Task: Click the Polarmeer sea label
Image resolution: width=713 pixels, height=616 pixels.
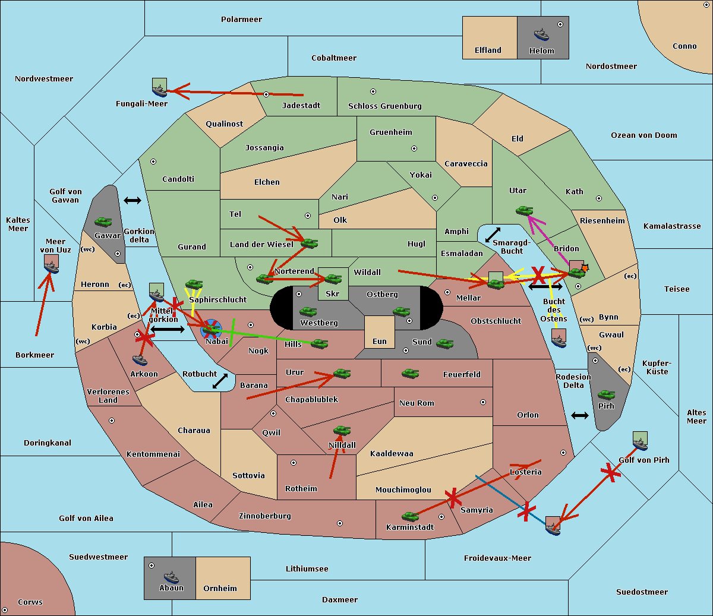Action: pos(241,20)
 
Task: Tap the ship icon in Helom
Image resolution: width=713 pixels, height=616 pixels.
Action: pos(541,34)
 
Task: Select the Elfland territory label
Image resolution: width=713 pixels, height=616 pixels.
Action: pos(488,50)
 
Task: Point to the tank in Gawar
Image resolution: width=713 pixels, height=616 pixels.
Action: pos(103,222)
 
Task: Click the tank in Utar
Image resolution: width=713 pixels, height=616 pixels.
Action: pos(524,210)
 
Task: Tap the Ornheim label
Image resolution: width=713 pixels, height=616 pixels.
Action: pos(220,589)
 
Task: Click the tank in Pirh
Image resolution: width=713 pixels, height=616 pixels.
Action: pos(606,395)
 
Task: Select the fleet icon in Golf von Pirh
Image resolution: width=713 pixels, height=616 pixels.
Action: pos(640,441)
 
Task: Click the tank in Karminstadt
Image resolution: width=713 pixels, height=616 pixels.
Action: pos(410,516)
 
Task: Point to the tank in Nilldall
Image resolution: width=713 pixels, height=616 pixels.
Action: pos(342,431)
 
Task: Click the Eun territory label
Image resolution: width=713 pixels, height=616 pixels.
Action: pos(380,342)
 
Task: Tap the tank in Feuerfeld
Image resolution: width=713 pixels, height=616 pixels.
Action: pos(410,374)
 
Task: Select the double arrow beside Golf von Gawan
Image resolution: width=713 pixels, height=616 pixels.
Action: pos(132,201)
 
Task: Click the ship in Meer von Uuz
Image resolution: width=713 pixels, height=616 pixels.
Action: pos(51,264)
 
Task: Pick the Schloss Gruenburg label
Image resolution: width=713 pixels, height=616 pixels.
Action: pos(384,106)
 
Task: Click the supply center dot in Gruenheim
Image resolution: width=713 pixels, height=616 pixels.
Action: pos(414,149)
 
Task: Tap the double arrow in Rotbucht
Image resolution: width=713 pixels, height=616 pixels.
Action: pos(220,381)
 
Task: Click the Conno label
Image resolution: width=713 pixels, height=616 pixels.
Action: pos(684,46)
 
